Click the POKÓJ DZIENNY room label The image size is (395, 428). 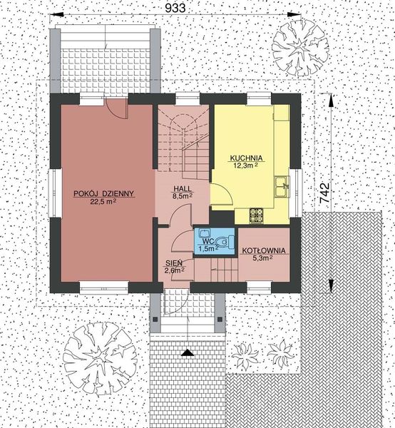tap(104, 193)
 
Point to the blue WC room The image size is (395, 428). tap(214, 240)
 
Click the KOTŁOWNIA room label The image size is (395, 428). tap(264, 251)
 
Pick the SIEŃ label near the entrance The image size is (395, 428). tap(174, 262)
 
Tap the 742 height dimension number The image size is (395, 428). tap(324, 194)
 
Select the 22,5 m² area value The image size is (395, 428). tap(103, 202)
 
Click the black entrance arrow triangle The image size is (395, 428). tap(187, 352)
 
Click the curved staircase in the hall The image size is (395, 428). tap(184, 139)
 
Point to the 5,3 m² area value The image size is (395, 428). tap(264, 260)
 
